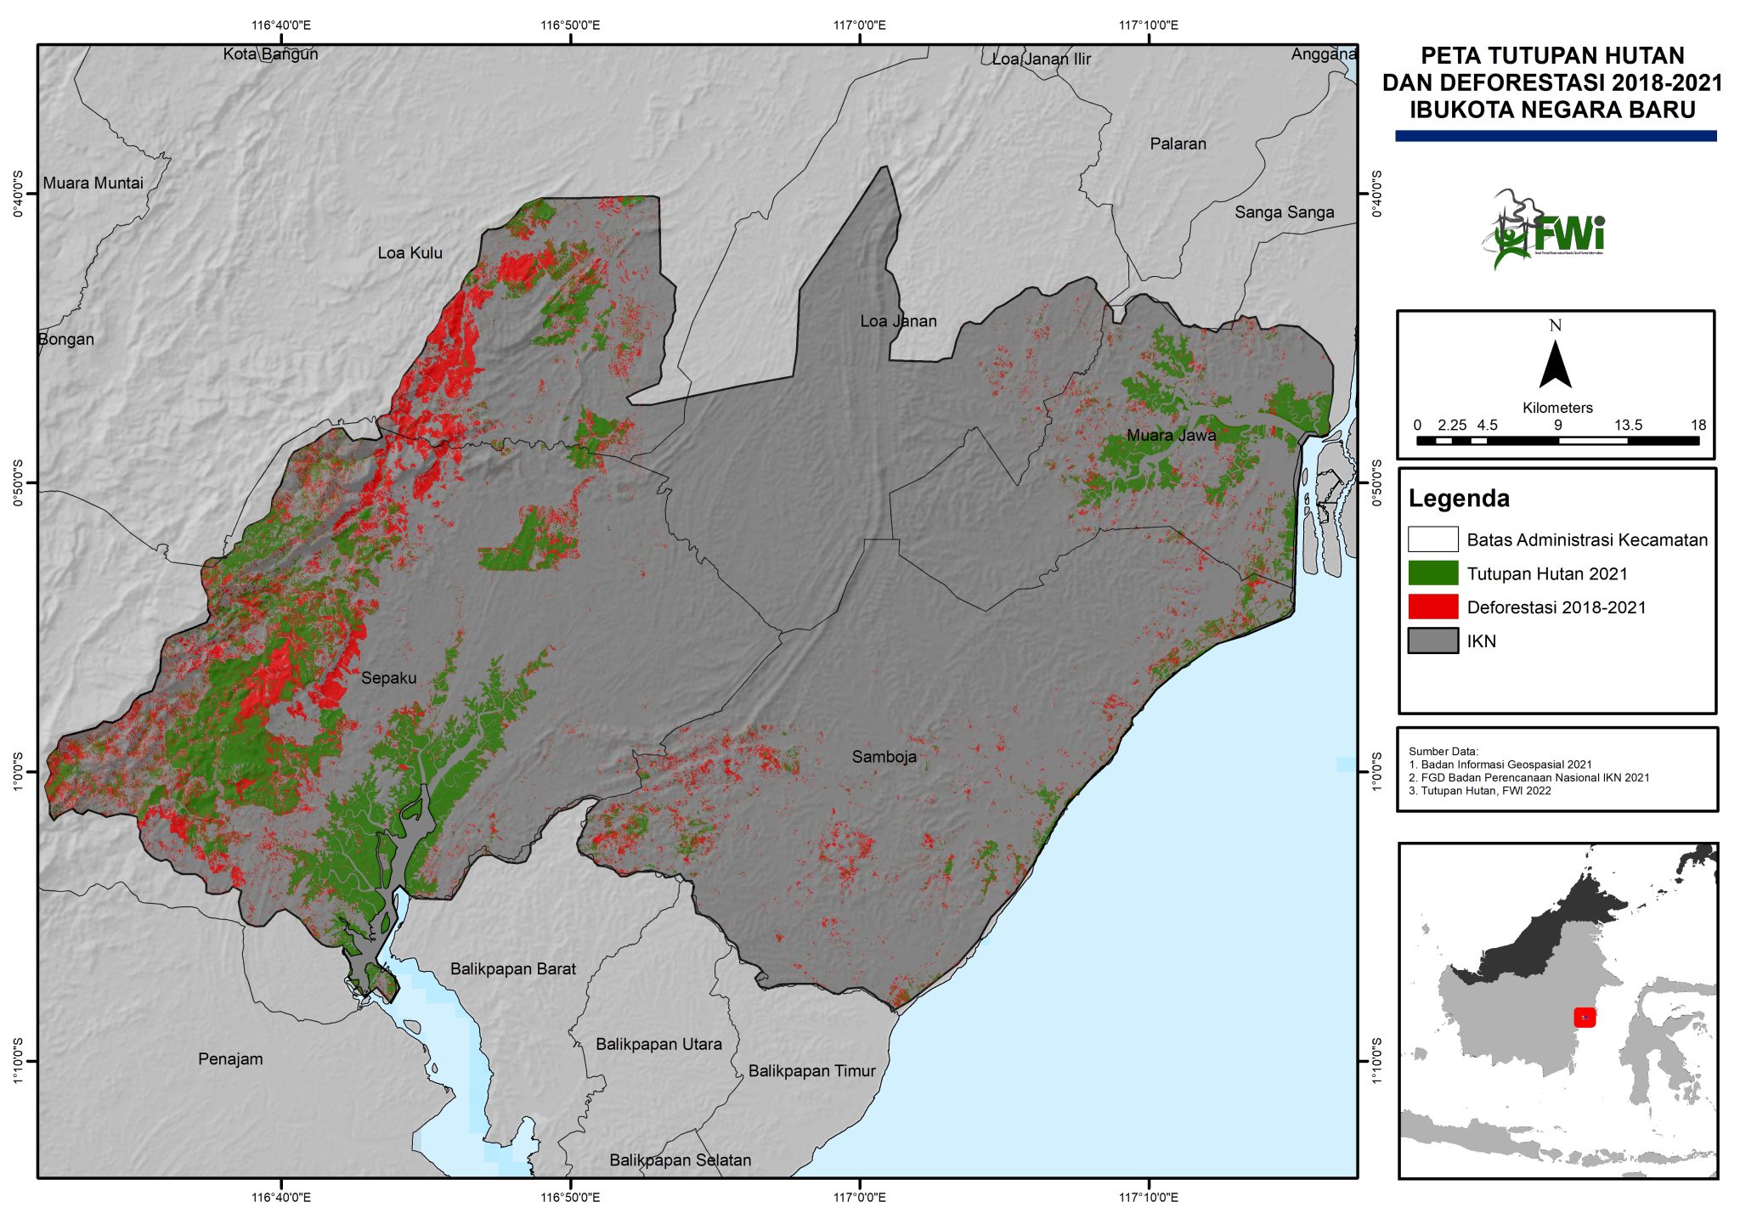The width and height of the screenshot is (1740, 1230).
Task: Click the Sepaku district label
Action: tap(388, 678)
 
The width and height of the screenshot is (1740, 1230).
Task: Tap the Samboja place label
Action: tap(884, 757)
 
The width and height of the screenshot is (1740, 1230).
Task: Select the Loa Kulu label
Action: tap(410, 253)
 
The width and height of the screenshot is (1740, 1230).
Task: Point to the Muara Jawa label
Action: tap(1171, 436)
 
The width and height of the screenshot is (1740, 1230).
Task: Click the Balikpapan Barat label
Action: tap(512, 969)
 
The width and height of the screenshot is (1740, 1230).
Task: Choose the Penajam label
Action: tap(230, 1059)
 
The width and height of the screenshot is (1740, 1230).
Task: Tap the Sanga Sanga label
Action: tap(1284, 212)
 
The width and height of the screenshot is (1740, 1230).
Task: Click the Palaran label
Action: tap(1178, 144)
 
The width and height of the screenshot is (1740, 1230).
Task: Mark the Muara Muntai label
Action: tap(93, 183)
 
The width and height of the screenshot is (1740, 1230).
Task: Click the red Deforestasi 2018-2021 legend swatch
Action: tap(1432, 607)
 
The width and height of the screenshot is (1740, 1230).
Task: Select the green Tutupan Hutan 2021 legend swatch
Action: tap(1432, 573)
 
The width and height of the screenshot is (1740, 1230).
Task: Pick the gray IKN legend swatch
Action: tap(1432, 641)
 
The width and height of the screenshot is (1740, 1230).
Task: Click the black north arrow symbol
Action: tap(1555, 365)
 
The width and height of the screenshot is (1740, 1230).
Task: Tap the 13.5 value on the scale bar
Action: tap(1628, 426)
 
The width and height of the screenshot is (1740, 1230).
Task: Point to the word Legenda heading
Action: tap(1459, 499)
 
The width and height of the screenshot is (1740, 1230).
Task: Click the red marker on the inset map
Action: tap(1585, 1017)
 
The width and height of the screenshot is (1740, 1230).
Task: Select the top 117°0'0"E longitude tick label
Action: tap(859, 25)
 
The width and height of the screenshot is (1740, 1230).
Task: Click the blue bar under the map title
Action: tap(1556, 136)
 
